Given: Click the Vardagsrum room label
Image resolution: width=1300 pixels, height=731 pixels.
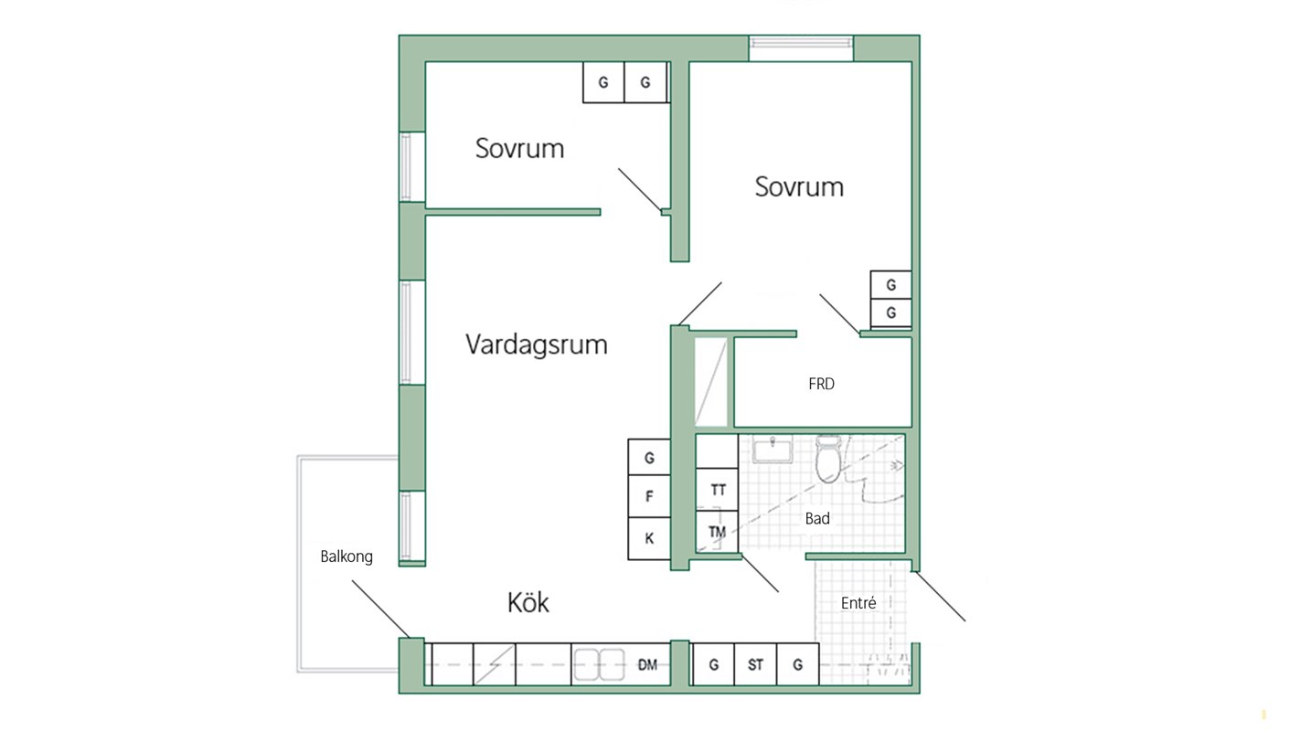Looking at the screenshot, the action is point(537,345).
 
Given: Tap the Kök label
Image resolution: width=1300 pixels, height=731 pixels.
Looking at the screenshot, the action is point(528,603).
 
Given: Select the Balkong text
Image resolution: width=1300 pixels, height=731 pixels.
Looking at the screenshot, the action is point(346,557).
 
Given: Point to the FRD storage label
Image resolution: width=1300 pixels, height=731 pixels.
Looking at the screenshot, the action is point(821,384).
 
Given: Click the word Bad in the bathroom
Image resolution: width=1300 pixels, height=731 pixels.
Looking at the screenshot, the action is point(817,519).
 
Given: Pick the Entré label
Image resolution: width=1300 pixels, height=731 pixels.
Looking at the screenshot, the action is point(858,603).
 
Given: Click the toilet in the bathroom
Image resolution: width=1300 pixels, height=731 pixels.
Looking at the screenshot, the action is point(828,459).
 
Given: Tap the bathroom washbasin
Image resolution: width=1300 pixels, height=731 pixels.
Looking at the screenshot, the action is point(773,450).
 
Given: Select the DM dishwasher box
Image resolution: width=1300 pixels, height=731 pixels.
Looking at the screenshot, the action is point(647,665).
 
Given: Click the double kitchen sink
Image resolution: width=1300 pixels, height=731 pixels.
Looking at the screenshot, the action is point(599,665).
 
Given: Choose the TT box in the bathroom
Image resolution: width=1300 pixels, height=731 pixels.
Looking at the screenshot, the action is point(718,491).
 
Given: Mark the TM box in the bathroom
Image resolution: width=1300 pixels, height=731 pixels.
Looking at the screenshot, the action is point(718,532).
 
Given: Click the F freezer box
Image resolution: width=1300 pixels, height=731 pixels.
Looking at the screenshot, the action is point(649,496).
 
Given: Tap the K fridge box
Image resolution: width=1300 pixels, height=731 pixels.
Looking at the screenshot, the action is point(649,538).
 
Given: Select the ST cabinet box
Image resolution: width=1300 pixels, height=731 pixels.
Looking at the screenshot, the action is point(755,665).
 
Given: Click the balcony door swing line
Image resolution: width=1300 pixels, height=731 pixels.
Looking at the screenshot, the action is point(380,609).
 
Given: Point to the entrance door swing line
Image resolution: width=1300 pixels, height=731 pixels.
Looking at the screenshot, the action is point(940,597).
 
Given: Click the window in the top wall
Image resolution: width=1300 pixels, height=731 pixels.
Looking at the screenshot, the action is point(801,48).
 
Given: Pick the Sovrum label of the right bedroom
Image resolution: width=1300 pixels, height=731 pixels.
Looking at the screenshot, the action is point(799,187).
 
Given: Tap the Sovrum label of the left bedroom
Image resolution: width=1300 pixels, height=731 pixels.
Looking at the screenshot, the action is point(520,149).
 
